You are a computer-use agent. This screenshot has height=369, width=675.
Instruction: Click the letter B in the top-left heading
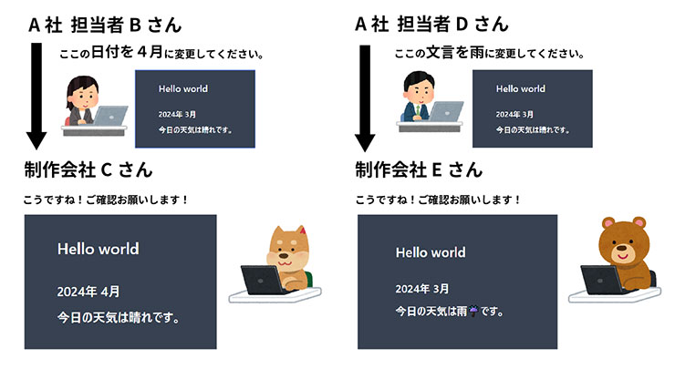[135, 25]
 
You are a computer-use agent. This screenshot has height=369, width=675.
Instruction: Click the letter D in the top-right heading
[462, 24]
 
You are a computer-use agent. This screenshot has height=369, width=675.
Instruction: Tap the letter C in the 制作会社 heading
[107, 169]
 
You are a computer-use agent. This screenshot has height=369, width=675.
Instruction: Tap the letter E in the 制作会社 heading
[437, 169]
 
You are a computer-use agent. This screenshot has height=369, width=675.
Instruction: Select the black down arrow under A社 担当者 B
[36, 96]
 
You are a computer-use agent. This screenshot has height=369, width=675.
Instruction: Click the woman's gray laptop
[110, 116]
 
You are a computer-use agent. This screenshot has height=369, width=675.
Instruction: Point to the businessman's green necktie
[417, 110]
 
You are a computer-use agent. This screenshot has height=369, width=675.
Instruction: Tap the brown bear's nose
[621, 248]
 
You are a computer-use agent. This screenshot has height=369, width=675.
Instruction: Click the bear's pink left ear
[607, 223]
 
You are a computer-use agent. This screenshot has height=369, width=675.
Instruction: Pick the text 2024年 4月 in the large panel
[88, 292]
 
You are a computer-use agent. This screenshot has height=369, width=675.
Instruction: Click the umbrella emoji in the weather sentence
[473, 311]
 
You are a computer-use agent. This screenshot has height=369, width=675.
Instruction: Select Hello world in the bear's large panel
[431, 252]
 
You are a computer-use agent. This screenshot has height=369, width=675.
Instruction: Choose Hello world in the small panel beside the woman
[183, 88]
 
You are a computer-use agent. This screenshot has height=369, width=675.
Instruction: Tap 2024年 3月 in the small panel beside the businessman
[514, 115]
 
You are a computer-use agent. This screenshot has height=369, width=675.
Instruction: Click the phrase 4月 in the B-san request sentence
[150, 53]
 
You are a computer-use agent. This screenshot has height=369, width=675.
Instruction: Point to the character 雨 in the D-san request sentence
[477, 53]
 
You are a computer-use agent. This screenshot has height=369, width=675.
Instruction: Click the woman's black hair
[82, 85]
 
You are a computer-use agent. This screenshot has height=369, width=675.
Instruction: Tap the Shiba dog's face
[285, 250]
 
